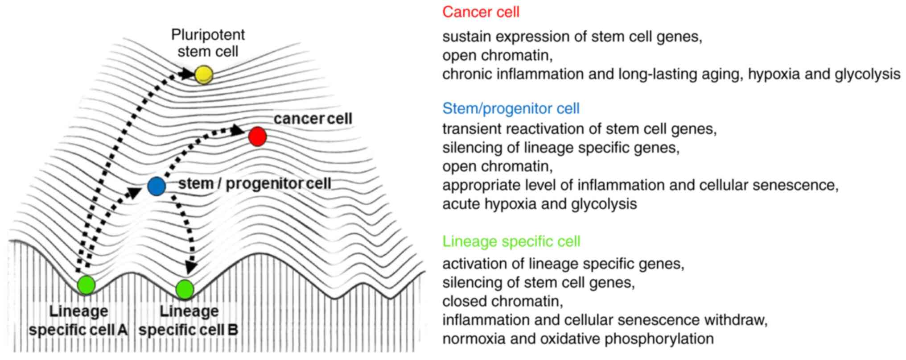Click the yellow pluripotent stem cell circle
[204, 74]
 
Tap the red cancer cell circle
[257, 136]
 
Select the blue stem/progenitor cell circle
[156, 186]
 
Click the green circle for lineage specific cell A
[86, 285]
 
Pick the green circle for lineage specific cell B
[185, 290]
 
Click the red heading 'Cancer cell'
[481, 12]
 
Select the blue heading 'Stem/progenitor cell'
[511, 108]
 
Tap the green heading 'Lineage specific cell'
[511, 241]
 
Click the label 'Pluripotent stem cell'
[208, 43]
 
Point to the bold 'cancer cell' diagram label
[313, 119]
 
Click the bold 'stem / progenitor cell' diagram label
[255, 184]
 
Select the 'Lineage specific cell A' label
[78, 320]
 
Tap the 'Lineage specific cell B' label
[189, 320]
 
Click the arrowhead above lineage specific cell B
[191, 266]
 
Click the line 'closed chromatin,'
[502, 301]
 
